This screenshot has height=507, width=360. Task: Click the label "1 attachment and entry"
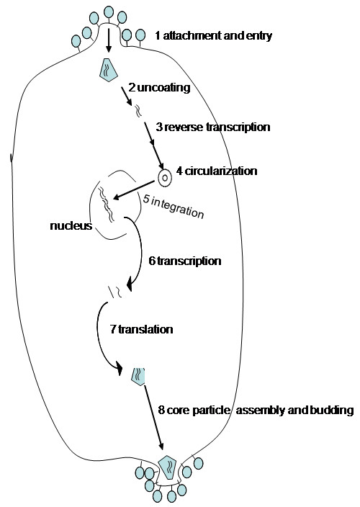click(213, 35)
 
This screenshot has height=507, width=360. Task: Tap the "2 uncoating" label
click(159, 88)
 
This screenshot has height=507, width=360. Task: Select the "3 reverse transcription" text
click(213, 127)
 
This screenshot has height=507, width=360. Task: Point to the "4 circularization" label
click(217, 171)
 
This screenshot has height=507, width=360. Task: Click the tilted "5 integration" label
click(174, 207)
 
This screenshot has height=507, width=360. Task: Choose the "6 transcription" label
click(185, 261)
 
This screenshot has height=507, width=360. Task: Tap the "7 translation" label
click(142, 329)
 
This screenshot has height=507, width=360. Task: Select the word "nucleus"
click(71, 225)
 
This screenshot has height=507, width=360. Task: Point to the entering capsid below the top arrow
click(108, 70)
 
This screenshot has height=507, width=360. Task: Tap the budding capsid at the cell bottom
click(168, 467)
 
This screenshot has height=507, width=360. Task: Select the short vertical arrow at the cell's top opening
click(109, 40)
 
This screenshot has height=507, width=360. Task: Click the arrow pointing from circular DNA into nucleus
click(133, 190)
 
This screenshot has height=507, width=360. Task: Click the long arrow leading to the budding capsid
click(153, 417)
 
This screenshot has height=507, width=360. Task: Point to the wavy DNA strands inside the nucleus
click(107, 205)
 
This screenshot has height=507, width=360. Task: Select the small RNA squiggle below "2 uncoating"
click(138, 110)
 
